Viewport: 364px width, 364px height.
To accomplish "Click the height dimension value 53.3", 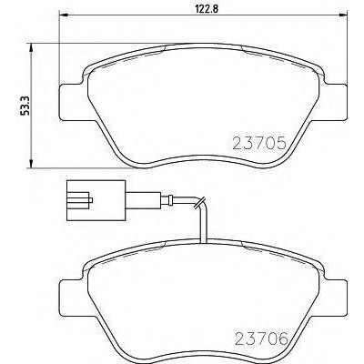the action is tap(25, 105).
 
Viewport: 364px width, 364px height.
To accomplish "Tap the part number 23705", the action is tap(259, 143).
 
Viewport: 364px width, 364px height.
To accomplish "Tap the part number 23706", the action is tap(261, 339).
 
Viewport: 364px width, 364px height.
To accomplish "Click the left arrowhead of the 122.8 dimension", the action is tap(62, 14).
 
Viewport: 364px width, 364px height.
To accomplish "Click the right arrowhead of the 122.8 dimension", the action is tap(342, 14).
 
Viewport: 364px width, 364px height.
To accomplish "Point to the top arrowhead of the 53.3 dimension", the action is tap(30, 47).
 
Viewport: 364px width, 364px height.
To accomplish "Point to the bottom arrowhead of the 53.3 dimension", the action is tap(30, 163).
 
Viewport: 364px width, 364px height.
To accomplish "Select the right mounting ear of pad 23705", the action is tap(335, 102).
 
